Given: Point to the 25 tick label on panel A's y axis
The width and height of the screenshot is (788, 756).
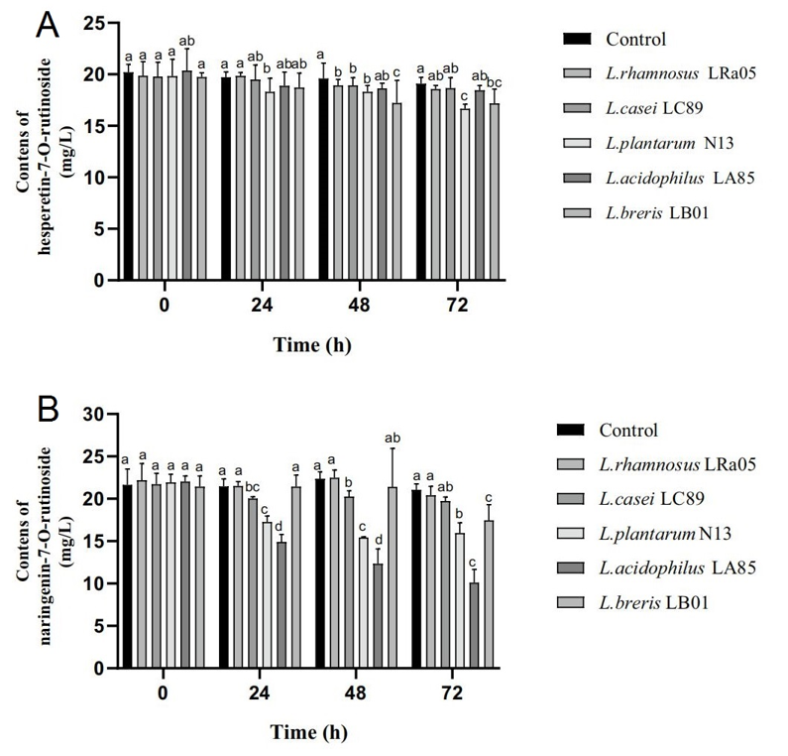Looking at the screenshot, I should [x=91, y=23].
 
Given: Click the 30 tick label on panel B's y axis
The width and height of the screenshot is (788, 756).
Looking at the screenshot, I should [x=91, y=415].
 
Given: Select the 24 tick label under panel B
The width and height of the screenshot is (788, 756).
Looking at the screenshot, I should [x=262, y=693].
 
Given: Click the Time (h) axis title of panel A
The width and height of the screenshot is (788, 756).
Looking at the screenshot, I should [x=312, y=345].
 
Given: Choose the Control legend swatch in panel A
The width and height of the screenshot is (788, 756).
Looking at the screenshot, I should [x=578, y=39].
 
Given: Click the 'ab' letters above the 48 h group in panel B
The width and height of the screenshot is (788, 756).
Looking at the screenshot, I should [x=392, y=438].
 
